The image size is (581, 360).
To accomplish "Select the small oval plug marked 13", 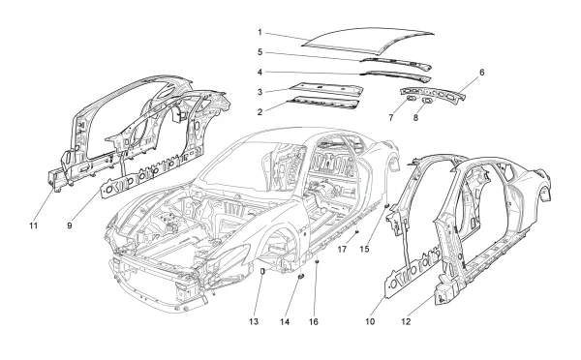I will click(x=264, y=273).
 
